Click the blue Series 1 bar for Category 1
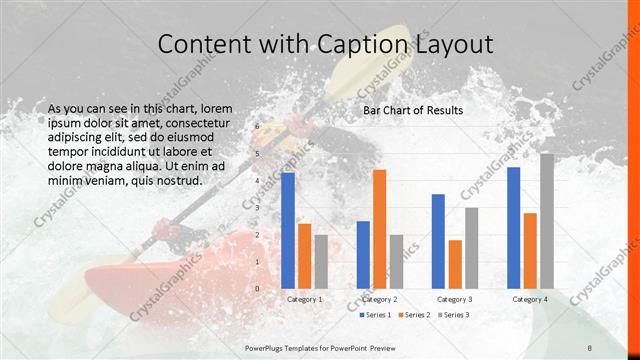(x=288, y=230)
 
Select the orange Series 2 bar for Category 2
(x=379, y=229)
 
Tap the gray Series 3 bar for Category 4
(x=546, y=221)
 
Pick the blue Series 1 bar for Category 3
(x=438, y=241)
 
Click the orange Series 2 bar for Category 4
(x=530, y=250)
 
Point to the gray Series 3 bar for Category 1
(x=321, y=261)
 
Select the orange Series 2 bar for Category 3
(x=455, y=264)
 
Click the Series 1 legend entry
(x=375, y=315)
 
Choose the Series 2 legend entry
(x=414, y=315)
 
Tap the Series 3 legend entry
(x=452, y=315)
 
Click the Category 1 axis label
(x=305, y=299)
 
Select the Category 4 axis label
(x=530, y=299)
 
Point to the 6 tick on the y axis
(x=257, y=127)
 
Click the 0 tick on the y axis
(x=257, y=289)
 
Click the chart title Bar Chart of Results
(x=413, y=110)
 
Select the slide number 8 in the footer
(x=590, y=346)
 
